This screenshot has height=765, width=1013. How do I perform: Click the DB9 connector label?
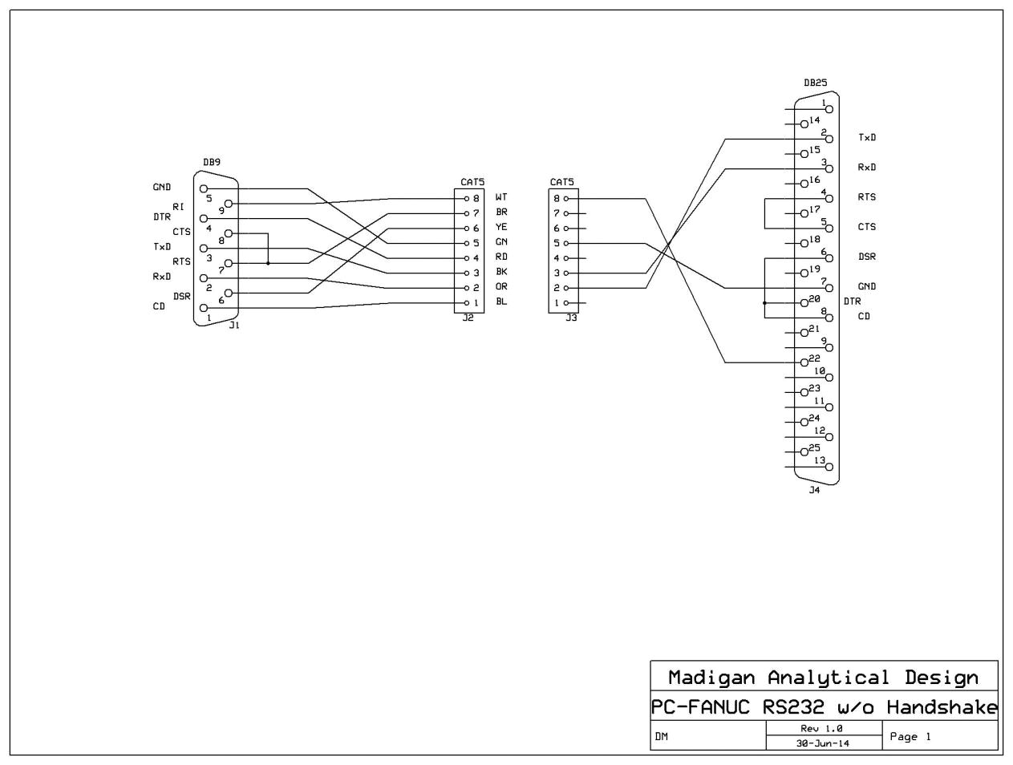tap(211, 162)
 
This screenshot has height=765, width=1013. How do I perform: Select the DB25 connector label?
tap(815, 83)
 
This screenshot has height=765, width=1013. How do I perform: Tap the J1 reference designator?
tap(233, 325)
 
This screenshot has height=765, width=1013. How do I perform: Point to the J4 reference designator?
tap(814, 490)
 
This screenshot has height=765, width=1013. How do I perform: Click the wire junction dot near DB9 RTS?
tap(268, 263)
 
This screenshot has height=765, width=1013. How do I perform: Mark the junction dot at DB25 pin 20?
tap(764, 303)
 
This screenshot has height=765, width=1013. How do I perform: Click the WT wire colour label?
tap(500, 197)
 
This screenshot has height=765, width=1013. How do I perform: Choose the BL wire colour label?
tap(500, 302)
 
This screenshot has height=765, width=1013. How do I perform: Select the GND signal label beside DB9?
tap(161, 188)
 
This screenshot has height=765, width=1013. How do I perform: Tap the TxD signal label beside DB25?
tap(867, 138)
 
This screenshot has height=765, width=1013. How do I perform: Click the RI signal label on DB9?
tap(178, 206)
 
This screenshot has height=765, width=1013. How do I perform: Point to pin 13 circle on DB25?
tap(829, 467)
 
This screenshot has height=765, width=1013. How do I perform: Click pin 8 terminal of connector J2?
tap(464, 198)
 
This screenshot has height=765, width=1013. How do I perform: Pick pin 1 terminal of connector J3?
tap(566, 303)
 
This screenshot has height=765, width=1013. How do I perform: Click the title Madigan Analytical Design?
tap(823, 678)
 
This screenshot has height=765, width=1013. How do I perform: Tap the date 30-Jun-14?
tap(821, 743)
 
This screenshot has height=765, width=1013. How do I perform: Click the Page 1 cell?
tap(910, 736)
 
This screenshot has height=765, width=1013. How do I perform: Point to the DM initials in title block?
tap(662, 736)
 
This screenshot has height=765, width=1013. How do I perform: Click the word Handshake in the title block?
tap(942, 707)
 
